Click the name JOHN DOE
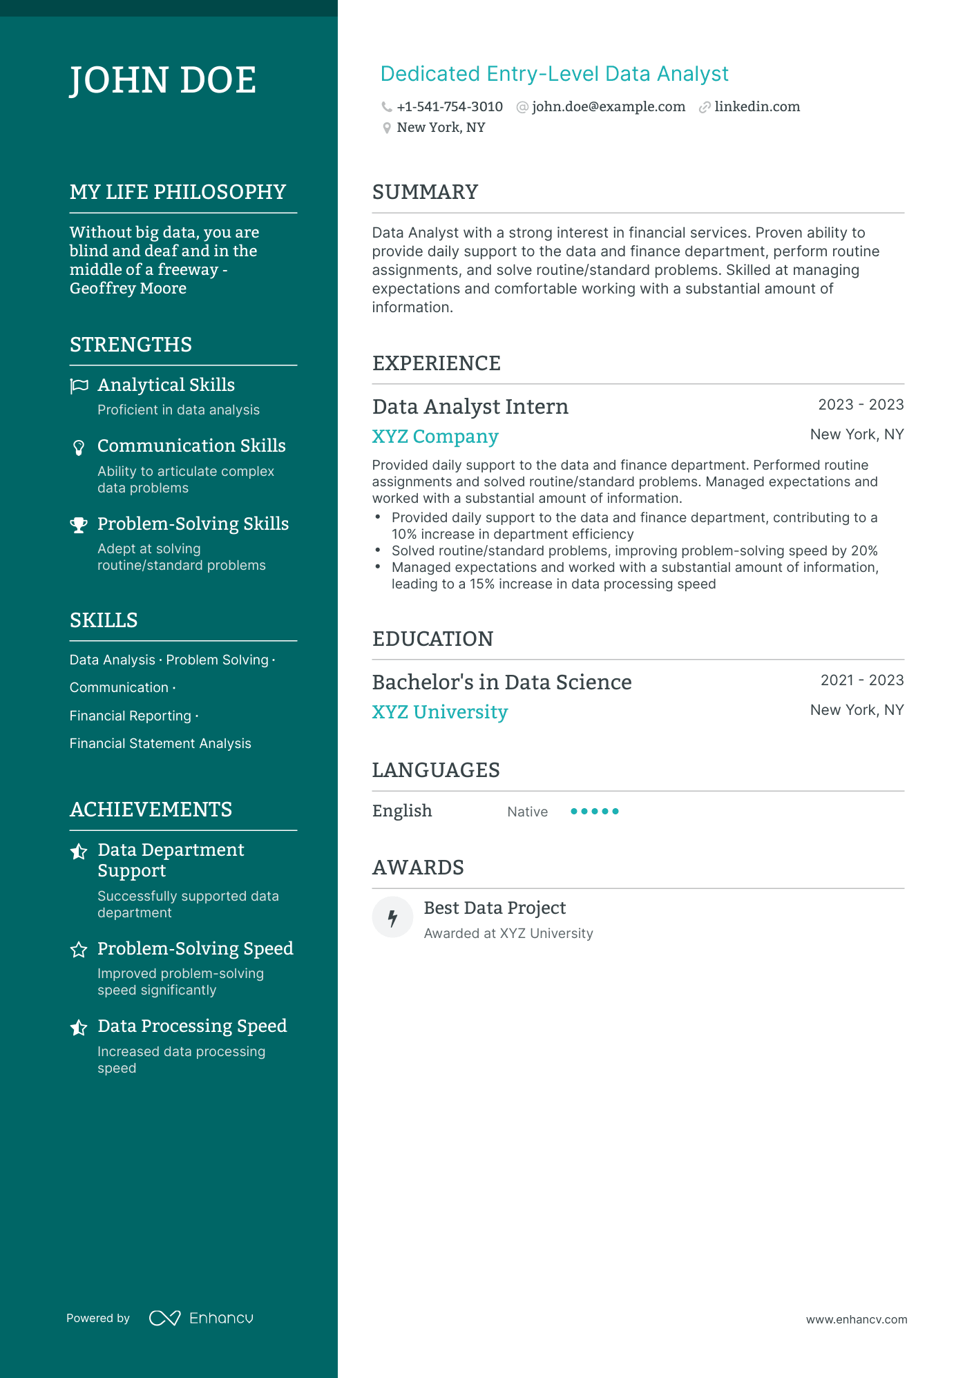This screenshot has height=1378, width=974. pos(163,80)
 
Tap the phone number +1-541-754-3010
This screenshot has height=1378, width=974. pos(450,107)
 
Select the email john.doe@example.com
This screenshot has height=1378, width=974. pos(609,107)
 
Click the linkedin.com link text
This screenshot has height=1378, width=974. pos(757,107)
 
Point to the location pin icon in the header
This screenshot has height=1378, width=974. pos(387,128)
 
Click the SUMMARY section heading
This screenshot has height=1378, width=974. pos(425,192)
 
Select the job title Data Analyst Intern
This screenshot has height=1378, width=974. pos(470,407)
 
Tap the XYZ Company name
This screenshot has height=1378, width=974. pos(435,437)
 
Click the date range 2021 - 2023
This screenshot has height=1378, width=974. pos(861,680)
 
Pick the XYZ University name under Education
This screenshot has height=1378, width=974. pos(439,712)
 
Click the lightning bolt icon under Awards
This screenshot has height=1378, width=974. pos(392,918)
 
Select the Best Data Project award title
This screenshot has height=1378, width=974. pos(495,908)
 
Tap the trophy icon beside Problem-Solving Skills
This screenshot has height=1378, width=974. pos(79,525)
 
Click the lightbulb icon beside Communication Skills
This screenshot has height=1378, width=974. pos(79,448)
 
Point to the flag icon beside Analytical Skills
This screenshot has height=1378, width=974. pos(79,386)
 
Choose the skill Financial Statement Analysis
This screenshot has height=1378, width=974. pos(160,744)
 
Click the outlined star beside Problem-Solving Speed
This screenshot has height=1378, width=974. pos(79,950)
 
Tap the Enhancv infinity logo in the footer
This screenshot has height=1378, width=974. pos(164,1318)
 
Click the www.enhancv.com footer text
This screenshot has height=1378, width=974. pos(856,1319)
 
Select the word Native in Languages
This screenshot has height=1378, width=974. pos(527,812)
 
